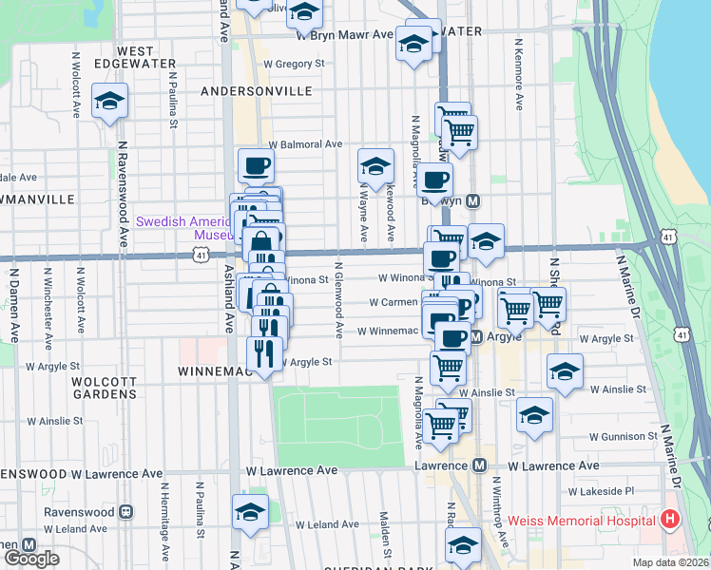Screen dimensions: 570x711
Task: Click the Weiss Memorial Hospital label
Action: pos(581,521)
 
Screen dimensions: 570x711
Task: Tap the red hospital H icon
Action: pos(670,520)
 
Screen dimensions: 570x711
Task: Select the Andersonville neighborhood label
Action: pos(257,91)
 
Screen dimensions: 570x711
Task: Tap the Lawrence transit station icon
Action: pos(479,465)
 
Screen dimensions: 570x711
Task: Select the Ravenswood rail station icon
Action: pos(125,512)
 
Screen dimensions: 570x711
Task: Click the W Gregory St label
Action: pos(295,64)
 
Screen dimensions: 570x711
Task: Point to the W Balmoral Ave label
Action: pos(305,144)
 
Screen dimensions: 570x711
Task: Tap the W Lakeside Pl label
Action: pos(602,492)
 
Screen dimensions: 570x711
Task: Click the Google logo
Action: pos(31,559)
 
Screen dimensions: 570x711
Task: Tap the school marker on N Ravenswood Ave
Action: pos(109,100)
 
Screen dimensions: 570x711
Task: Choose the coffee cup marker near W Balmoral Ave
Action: pos(256,166)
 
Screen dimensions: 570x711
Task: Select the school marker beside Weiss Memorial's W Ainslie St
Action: pos(565,371)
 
